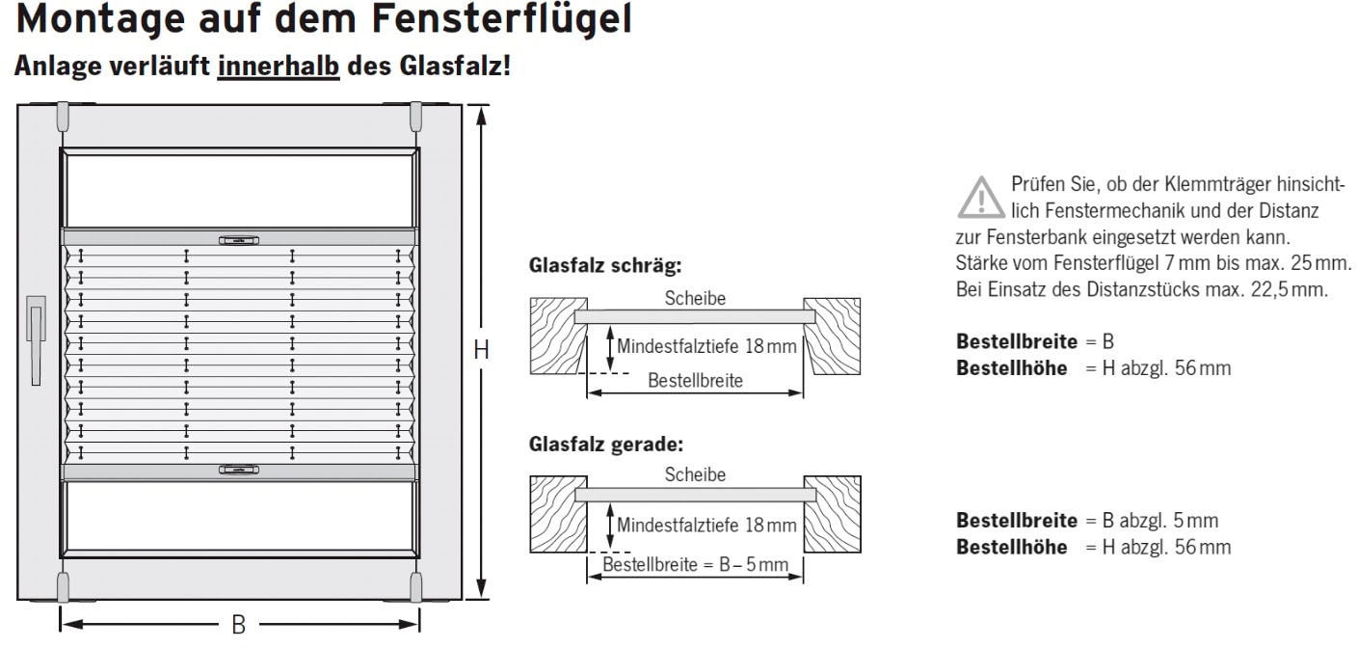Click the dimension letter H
(x=482, y=351)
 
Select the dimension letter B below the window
(x=238, y=625)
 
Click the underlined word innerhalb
(x=279, y=67)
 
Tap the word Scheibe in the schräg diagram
(x=695, y=298)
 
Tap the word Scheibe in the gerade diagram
(x=695, y=475)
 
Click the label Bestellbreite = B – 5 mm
(x=695, y=563)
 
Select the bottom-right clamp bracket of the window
(x=416, y=585)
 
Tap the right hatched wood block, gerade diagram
(x=832, y=514)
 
